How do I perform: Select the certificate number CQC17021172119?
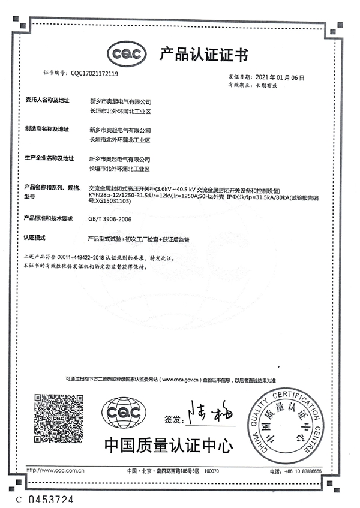tap(95, 74)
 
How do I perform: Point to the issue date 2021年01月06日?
tap(281, 78)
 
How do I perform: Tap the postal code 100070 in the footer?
tap(213, 471)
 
